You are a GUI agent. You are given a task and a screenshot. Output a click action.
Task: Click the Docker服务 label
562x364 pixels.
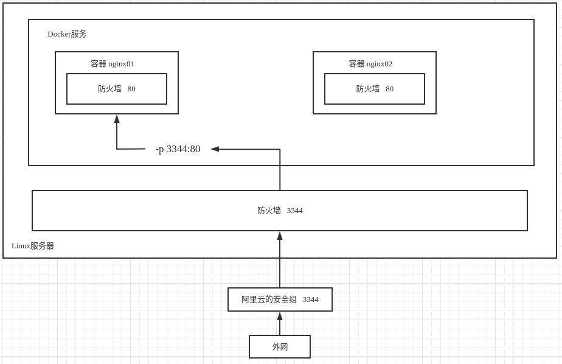tap(67, 34)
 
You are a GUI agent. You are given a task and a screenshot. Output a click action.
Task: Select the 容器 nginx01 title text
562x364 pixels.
tap(113, 64)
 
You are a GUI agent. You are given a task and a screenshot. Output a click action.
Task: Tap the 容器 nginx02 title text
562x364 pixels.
tap(370, 64)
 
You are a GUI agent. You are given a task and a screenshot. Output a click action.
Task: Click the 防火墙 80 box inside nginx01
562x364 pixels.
tap(117, 89)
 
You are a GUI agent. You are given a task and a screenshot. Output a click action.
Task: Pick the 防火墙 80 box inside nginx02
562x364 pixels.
tap(375, 89)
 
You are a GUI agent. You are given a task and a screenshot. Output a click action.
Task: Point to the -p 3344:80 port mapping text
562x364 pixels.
tap(178, 149)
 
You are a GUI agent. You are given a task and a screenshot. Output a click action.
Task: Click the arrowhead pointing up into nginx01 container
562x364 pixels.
tap(117, 119)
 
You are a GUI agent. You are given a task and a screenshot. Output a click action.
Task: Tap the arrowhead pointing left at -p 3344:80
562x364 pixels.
tap(215, 149)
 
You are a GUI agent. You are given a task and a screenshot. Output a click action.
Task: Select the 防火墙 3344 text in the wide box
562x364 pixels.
tap(280, 211)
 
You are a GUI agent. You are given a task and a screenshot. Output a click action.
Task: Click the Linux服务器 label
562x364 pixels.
tap(33, 246)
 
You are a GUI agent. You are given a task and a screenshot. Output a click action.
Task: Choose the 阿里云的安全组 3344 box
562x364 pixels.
tap(280, 299)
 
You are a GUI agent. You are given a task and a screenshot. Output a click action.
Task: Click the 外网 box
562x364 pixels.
tap(280, 347)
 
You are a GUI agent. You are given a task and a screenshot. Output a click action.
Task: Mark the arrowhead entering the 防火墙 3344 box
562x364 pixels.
tap(280, 236)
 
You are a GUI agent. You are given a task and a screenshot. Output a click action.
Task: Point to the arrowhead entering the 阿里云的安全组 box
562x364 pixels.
tap(280, 316)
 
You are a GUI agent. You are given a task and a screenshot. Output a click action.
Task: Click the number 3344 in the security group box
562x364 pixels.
tap(311, 299)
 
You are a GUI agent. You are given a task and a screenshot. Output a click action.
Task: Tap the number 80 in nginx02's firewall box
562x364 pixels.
tap(389, 89)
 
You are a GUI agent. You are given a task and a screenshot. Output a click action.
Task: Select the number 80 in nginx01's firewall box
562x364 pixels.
tap(131, 89)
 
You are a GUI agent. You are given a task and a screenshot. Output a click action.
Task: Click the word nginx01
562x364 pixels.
tap(121, 64)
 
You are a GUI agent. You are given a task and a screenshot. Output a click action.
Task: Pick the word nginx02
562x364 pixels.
tap(380, 64)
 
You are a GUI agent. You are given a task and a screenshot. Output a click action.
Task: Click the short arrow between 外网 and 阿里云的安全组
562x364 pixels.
tap(280, 324)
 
